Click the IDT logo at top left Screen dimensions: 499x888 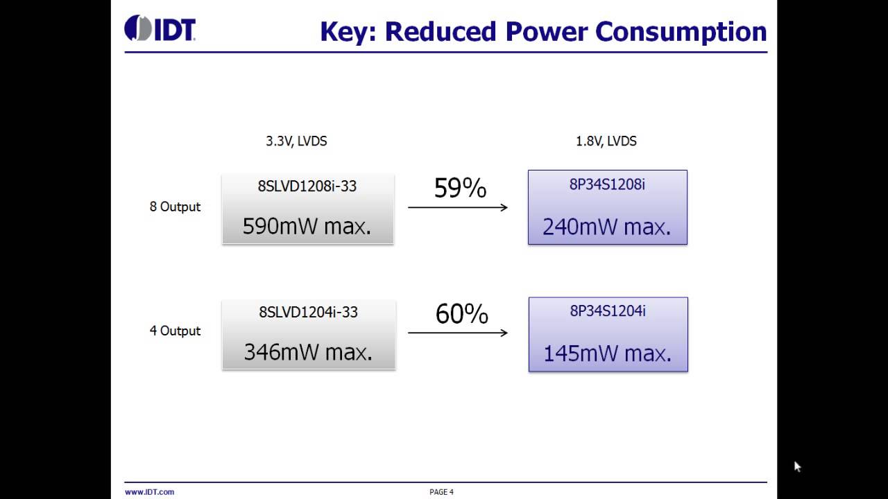pyautogui.click(x=160, y=28)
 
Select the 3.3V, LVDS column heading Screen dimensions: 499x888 pyautogui.click(x=296, y=141)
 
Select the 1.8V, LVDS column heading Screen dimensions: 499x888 pyautogui.click(x=606, y=141)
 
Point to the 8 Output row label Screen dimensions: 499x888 pyautogui.click(x=175, y=207)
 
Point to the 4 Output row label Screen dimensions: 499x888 pyautogui.click(x=175, y=331)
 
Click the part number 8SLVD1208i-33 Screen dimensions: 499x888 pyautogui.click(x=307, y=186)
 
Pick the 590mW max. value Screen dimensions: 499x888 pyautogui.click(x=307, y=226)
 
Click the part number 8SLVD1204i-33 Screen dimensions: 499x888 pyautogui.click(x=308, y=312)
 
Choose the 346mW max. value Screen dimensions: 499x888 pyautogui.click(x=308, y=352)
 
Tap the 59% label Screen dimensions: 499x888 pyautogui.click(x=460, y=188)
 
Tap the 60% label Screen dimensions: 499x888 pyautogui.click(x=461, y=314)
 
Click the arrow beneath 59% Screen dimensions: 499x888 pyautogui.click(x=458, y=207)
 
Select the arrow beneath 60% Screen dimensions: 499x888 pyautogui.click(x=458, y=333)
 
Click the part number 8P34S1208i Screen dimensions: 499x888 pyautogui.click(x=607, y=185)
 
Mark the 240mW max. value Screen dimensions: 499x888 pyautogui.click(x=607, y=227)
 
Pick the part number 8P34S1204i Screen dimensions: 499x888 pyautogui.click(x=608, y=311)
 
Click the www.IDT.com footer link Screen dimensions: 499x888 pyautogui.click(x=149, y=492)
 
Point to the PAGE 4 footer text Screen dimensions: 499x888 pyautogui.click(x=441, y=492)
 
